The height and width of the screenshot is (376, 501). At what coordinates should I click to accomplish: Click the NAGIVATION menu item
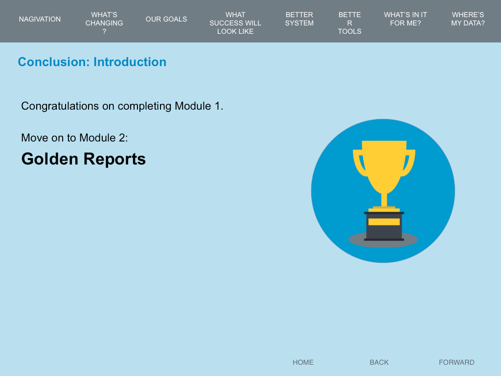pos(40,19)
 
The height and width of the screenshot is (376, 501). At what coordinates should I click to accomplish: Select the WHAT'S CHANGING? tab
pos(104,23)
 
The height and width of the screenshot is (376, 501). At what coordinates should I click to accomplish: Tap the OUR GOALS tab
pos(166,19)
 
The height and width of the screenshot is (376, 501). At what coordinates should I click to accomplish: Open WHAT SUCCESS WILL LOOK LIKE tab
pos(235,23)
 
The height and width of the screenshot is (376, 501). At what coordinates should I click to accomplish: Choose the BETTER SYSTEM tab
pos(299,19)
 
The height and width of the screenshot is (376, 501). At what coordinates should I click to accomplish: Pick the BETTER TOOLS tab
pos(349,23)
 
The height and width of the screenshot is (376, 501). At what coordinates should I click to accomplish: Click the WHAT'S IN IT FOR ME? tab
pos(406,19)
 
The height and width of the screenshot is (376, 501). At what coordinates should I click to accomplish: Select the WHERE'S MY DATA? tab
pos(468,19)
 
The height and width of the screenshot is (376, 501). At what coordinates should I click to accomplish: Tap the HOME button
pos(303,362)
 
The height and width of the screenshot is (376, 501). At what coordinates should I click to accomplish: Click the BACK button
pos(379,362)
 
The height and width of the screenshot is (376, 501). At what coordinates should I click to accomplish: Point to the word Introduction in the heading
pos(130,62)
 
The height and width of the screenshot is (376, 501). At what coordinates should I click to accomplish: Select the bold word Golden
pos(49,159)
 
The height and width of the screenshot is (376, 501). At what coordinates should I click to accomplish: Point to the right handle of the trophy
pos(409,163)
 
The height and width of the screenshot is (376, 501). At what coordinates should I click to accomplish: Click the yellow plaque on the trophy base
pos(384,222)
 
